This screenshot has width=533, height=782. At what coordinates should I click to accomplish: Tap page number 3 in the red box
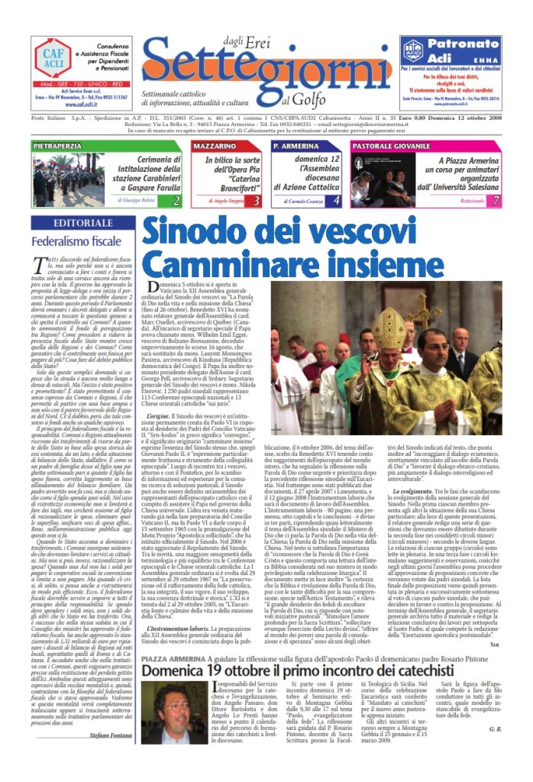point(235,201)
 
